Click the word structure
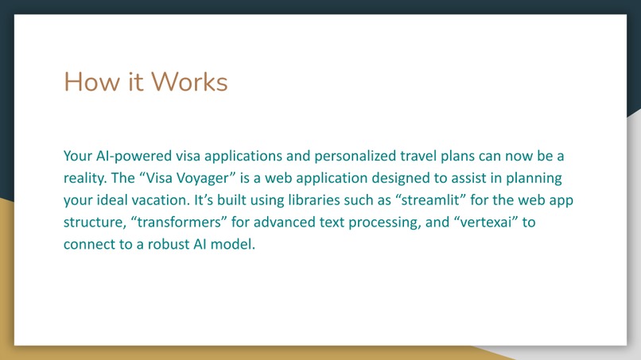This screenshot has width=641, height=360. point(91,222)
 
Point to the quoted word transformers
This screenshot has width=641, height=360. point(176,222)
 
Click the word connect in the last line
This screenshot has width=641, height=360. point(88,244)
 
